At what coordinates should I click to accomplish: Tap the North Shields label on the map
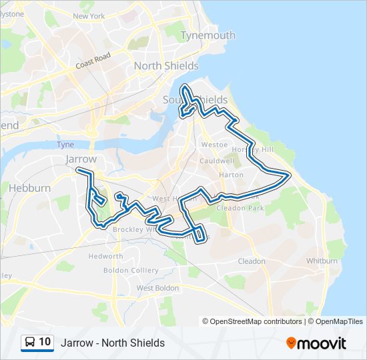(166, 66)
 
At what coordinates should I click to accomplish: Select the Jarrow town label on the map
(81, 159)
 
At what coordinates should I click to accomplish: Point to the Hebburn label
(29, 188)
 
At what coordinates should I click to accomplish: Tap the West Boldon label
(157, 288)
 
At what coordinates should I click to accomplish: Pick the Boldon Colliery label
(131, 271)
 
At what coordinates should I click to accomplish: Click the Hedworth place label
(105, 256)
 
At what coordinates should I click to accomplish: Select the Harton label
(231, 175)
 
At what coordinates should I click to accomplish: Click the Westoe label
(214, 144)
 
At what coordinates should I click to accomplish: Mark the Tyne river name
(65, 145)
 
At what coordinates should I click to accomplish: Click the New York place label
(89, 16)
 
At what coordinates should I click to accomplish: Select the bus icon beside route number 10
(30, 343)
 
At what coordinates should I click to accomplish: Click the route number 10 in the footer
(45, 343)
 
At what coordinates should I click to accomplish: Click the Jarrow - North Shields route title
(113, 343)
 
